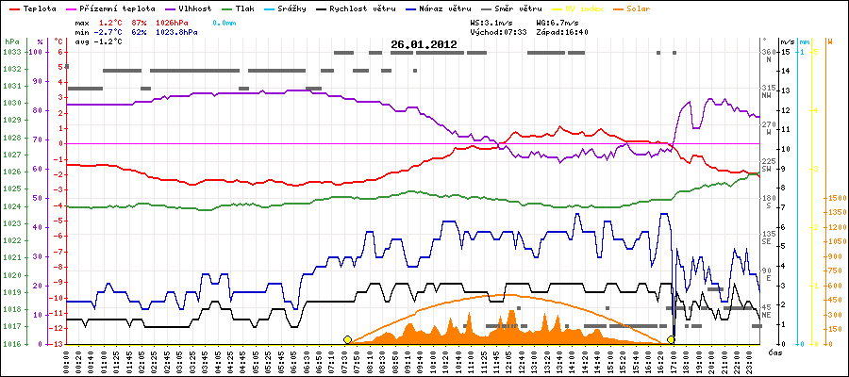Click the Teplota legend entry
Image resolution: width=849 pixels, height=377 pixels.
tap(34, 8)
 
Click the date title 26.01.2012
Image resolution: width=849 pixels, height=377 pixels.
tap(424, 43)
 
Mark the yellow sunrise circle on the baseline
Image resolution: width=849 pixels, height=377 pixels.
tap(348, 339)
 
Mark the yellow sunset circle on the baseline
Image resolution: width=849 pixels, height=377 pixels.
tap(671, 339)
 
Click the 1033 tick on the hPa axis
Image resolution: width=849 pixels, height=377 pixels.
tap(11, 52)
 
